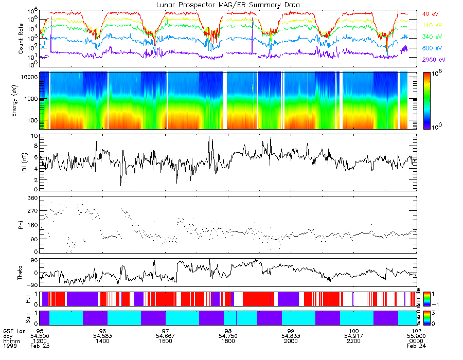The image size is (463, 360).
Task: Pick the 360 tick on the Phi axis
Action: point(31,198)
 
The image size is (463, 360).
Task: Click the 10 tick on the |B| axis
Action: point(33,136)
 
